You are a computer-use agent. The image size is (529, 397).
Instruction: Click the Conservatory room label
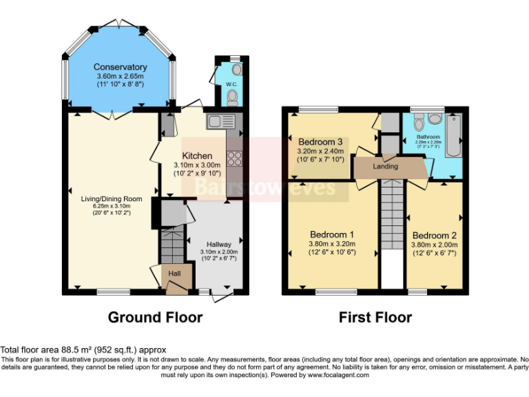tap(121, 67)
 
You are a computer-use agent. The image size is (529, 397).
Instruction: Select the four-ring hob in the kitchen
tap(234, 159)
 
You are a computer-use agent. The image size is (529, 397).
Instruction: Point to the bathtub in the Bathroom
tap(455, 136)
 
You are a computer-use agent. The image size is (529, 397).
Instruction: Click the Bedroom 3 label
tap(320, 143)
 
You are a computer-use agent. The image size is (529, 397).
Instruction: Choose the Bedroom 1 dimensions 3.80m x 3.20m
tap(332, 243)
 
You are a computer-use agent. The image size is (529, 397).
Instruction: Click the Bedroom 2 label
tap(434, 235)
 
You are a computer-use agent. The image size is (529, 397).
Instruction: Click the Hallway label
tap(218, 244)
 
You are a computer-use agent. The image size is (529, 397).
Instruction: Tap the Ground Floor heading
tap(155, 317)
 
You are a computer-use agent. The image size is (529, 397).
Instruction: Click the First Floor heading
tap(375, 317)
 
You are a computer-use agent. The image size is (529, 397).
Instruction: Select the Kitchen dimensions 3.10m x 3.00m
tap(196, 165)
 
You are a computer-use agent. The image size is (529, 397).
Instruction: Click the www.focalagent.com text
tap(338, 376)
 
